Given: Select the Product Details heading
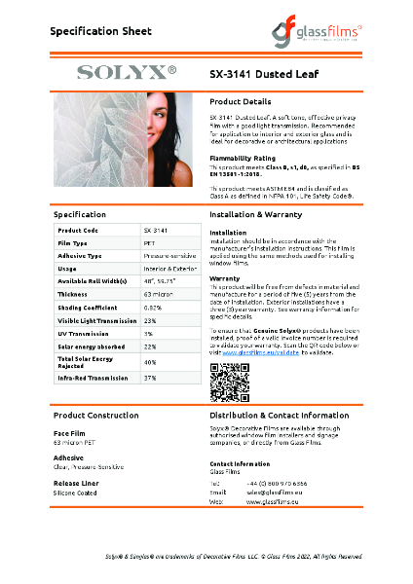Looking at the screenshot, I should click(241, 101).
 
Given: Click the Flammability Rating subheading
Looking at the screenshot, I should click(243, 157).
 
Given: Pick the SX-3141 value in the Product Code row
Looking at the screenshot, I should click(156, 229).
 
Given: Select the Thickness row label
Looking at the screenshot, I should click(73, 293).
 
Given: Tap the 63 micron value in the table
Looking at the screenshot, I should click(158, 293).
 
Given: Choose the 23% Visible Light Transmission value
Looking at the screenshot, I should click(150, 319).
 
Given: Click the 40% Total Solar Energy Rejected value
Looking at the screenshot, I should click(150, 362).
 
